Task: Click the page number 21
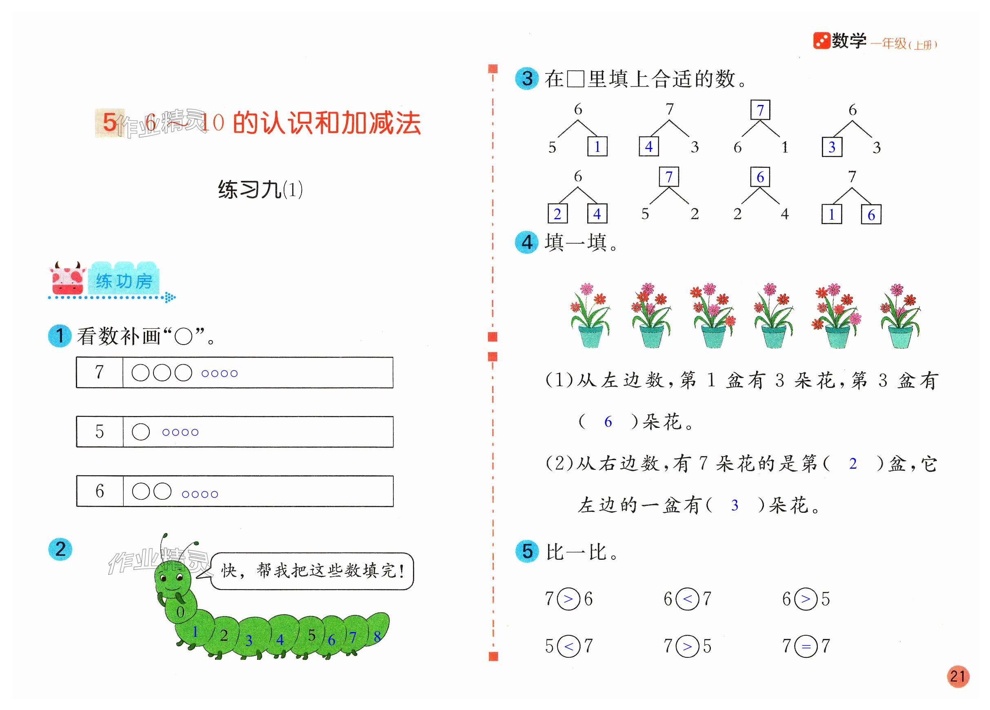pos(957,677)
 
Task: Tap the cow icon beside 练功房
pos(67,278)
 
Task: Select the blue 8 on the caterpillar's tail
pos(377,636)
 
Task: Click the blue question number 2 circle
pos(60,549)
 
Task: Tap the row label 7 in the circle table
pos(100,372)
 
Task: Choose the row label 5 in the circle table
pos(100,432)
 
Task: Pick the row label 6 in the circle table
pos(100,491)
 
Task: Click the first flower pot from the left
pos(590,316)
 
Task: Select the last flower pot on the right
pos(900,316)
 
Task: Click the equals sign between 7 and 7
pos(806,646)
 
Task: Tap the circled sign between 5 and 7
pos(569,646)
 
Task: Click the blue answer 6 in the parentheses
pos(608,421)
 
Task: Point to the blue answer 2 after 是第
pos(853,463)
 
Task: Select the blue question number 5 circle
pos(527,551)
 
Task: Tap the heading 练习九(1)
pos(260,189)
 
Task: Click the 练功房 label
pos(124,281)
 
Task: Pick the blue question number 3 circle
pos(527,79)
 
